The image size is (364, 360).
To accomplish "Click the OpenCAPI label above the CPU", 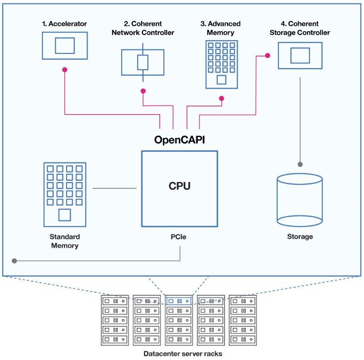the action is (179, 140).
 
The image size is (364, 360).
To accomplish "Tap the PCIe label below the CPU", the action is (178, 237).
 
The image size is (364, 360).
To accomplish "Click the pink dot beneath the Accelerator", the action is (65, 70).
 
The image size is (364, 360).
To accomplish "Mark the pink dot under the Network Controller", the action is (143, 91).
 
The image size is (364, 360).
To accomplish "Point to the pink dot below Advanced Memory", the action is (222, 98).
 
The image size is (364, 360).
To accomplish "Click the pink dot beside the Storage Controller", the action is (268, 56).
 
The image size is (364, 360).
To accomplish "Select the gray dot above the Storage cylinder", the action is (300, 164).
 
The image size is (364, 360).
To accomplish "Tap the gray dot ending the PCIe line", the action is (14, 261).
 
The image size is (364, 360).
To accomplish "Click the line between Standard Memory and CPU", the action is (115, 188).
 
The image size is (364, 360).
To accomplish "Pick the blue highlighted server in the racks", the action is (179, 301).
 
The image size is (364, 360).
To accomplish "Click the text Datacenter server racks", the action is (183, 354).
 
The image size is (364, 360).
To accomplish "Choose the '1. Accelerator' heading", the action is (64, 24).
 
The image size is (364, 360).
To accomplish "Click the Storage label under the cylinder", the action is (300, 237).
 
